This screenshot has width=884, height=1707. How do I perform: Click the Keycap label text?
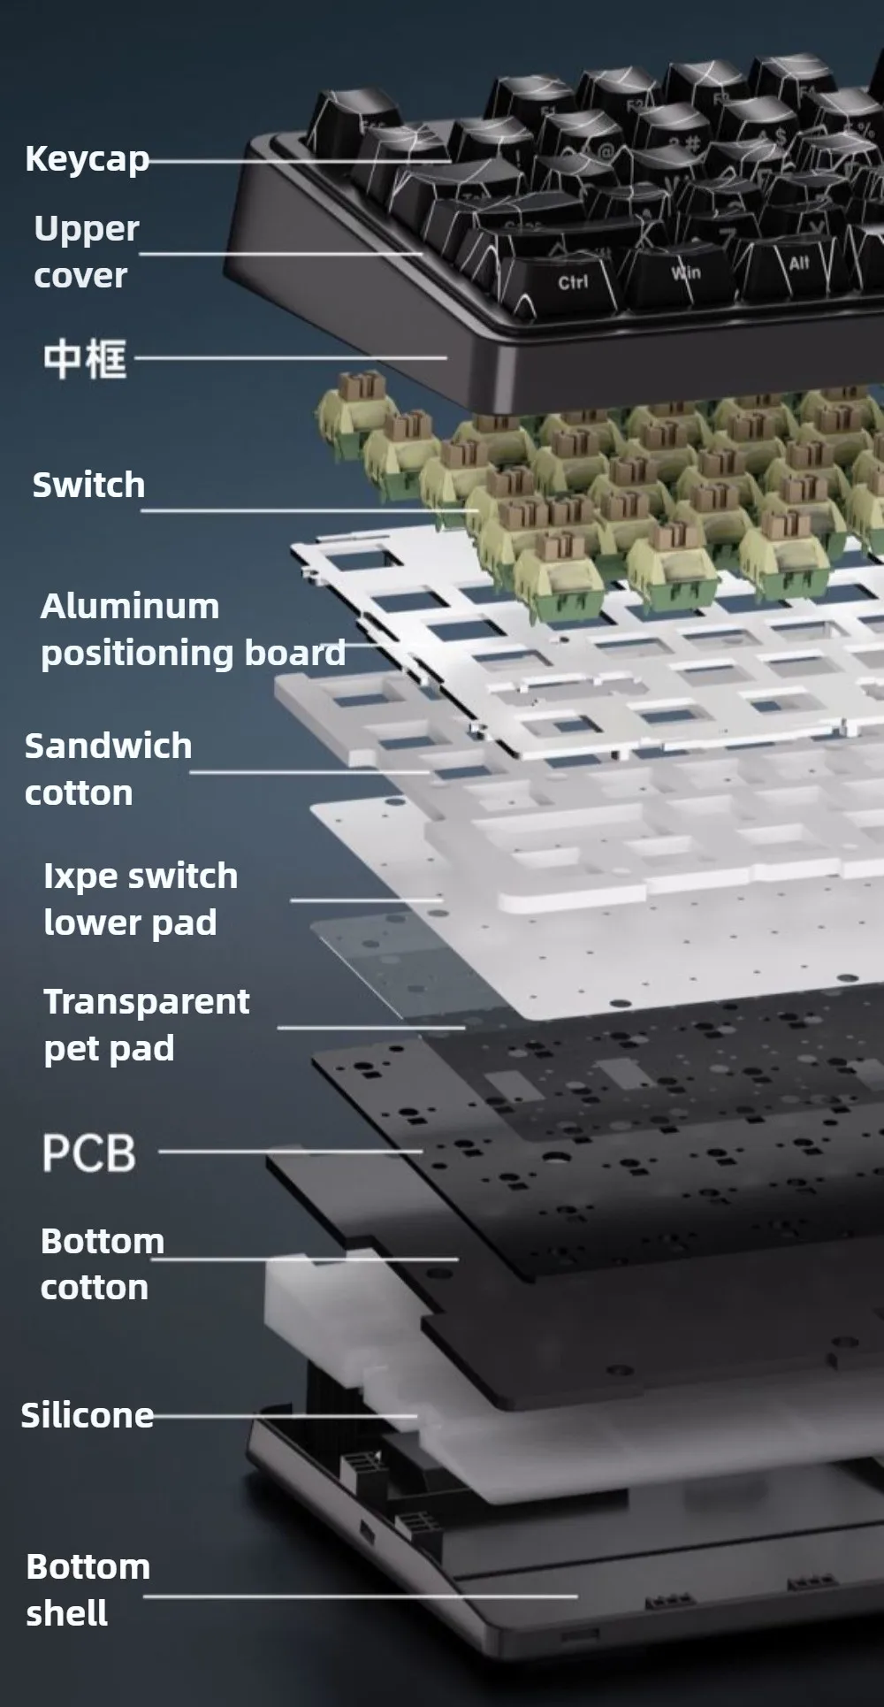[x=87, y=159]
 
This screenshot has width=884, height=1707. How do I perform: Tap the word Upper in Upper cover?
[x=86, y=229]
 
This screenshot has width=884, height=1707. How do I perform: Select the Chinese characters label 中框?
[x=85, y=359]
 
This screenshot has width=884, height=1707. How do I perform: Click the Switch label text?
[x=88, y=485]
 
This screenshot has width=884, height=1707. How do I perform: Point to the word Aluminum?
[x=130, y=607]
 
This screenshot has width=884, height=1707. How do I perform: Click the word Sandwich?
[x=108, y=746]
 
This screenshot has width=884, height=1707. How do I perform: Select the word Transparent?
[x=147, y=1002]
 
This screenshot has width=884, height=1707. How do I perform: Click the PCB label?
[x=88, y=1153]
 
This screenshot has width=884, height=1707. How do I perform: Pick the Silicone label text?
[x=87, y=1415]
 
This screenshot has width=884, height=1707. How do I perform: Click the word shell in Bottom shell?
[x=67, y=1613]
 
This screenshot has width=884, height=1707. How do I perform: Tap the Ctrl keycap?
[x=573, y=282]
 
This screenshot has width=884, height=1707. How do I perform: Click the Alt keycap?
[x=799, y=263]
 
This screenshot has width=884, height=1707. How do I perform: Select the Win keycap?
[x=686, y=272]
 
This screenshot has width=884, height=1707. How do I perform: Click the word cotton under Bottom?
[x=95, y=1288]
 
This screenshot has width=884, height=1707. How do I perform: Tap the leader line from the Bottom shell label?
[x=354, y=1596]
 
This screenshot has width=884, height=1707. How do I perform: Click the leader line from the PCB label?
[x=292, y=1152]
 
